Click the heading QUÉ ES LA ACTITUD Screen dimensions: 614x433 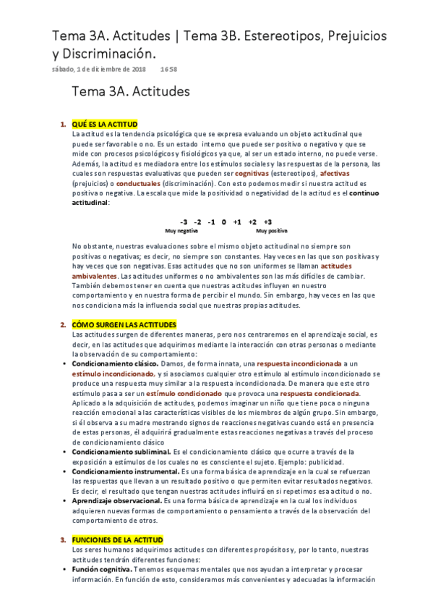click(x=105, y=125)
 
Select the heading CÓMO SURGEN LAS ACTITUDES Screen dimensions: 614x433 click(x=124, y=325)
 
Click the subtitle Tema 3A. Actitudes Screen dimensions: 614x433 click(x=130, y=92)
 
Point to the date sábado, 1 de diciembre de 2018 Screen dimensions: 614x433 click(x=99, y=69)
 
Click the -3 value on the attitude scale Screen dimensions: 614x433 click(x=184, y=222)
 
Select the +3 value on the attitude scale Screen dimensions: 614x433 click(x=267, y=222)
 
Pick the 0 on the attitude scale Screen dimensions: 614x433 click(x=224, y=222)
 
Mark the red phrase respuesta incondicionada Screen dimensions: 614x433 click(x=298, y=363)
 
